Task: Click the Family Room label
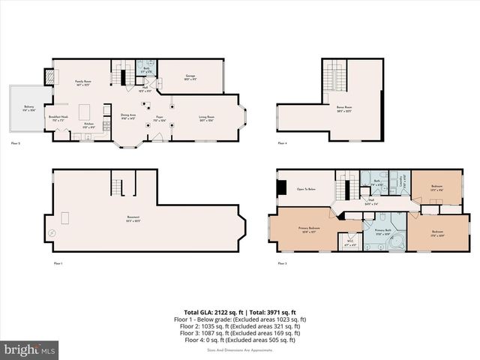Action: tap(82, 82)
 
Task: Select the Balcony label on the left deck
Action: tap(28, 107)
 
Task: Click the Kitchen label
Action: tap(88, 124)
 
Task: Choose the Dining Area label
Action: tap(127, 116)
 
